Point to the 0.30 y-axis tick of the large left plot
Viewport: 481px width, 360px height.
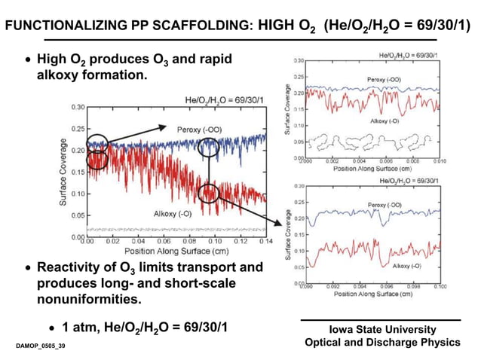(76, 107)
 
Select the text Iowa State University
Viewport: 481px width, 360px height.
(382, 330)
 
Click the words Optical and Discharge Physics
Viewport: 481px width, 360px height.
(382, 343)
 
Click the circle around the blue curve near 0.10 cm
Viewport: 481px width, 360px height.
(209, 148)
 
